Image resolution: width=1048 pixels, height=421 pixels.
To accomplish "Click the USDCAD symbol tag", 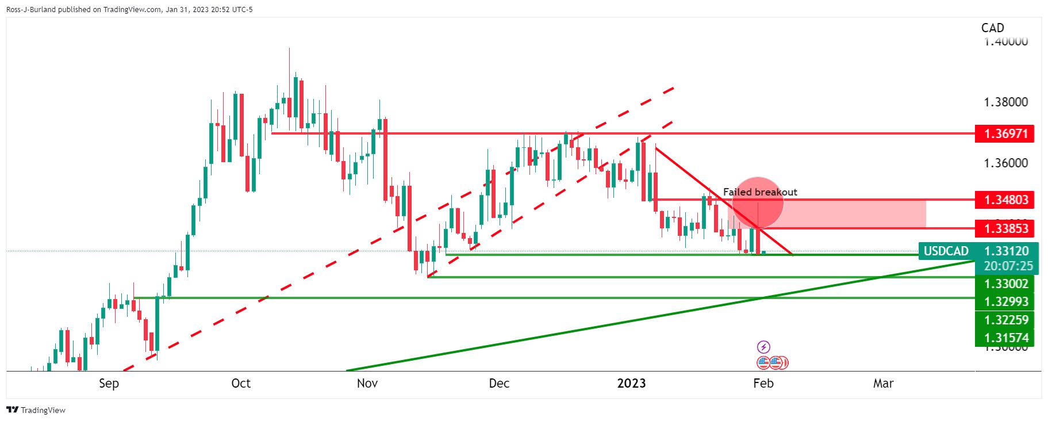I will tap(946, 251).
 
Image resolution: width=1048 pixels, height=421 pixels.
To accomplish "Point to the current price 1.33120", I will tap(1006, 251).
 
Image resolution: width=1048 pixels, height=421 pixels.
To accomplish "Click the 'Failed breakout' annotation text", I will tap(760, 192).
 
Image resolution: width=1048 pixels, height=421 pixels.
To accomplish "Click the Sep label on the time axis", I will tap(109, 384).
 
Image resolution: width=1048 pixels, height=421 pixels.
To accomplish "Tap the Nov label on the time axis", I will tap(367, 384).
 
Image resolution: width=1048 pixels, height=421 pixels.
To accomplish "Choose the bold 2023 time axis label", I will tap(631, 384).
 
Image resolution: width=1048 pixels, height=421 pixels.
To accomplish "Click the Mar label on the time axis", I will tap(883, 384).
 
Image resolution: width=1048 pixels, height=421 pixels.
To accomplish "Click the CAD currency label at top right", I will tap(992, 28).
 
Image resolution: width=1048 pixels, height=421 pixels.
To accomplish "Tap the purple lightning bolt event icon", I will tap(763, 347).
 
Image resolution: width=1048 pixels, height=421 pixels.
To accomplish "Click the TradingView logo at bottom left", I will tap(36, 410).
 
